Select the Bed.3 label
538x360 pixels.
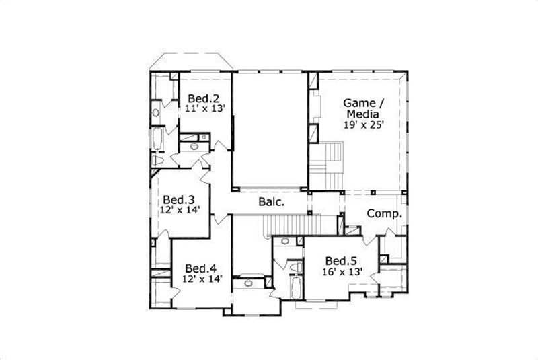click(179, 199)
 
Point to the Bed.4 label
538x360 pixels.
click(200, 267)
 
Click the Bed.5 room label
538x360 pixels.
click(341, 261)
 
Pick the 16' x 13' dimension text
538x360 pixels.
click(343, 271)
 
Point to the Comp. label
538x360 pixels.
click(385, 214)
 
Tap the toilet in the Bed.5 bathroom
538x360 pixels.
click(296, 268)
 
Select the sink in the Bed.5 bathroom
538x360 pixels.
click(285, 241)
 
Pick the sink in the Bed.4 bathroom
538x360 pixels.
click(247, 283)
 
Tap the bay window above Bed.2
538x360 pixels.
click(191, 61)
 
